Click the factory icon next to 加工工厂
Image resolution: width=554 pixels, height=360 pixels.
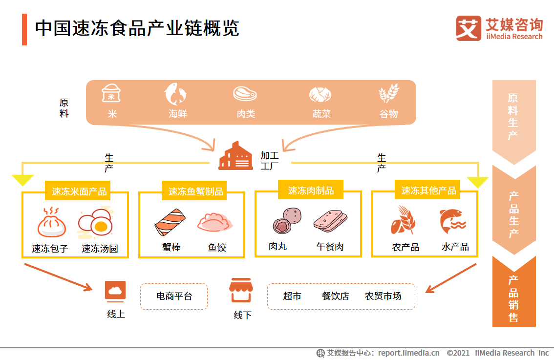(x=235, y=156)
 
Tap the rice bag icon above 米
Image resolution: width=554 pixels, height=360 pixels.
(x=111, y=93)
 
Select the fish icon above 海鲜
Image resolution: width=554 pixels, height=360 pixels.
(x=176, y=94)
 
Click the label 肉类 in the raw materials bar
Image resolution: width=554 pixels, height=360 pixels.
(x=246, y=114)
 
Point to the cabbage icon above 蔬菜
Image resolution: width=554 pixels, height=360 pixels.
(x=320, y=94)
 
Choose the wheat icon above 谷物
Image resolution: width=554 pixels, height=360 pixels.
(x=389, y=93)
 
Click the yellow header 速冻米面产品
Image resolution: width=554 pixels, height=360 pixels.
(x=79, y=191)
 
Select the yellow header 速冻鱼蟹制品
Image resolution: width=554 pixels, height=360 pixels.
(x=195, y=191)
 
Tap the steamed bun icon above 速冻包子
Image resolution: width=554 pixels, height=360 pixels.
(x=51, y=223)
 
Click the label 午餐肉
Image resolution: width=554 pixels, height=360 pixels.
(x=330, y=247)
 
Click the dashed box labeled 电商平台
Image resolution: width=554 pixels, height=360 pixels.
(x=174, y=296)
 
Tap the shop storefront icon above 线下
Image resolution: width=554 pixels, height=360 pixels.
(x=240, y=291)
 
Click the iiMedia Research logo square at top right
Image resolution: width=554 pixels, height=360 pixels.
(x=468, y=28)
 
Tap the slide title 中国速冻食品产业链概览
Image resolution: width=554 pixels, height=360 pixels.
(x=137, y=28)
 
